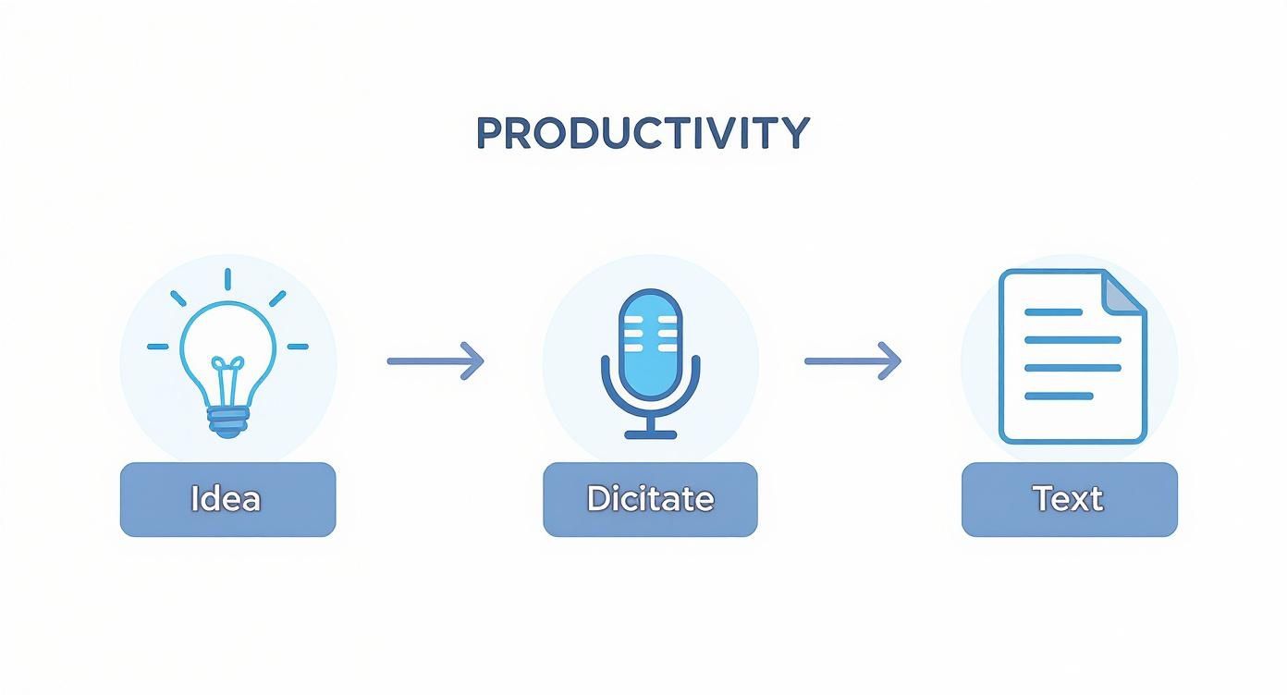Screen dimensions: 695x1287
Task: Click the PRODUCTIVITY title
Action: pos(643,133)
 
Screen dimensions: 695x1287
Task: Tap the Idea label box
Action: pos(227,499)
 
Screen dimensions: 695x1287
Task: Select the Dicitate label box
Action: pos(650,499)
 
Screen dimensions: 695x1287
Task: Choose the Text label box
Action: pos(1069,499)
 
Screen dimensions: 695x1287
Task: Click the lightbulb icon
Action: pos(227,360)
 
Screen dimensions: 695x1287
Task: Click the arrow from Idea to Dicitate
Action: pos(435,360)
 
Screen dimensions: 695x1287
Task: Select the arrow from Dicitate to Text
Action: pos(852,360)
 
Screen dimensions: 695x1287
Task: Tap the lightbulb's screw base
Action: pos(227,423)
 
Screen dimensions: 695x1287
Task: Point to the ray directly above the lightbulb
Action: pos(227,279)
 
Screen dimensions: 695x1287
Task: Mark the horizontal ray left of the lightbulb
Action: pos(158,347)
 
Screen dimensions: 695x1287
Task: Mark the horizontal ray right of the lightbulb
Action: pos(298,347)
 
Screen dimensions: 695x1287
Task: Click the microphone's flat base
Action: pos(650,433)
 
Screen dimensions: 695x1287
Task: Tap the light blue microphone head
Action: pos(650,336)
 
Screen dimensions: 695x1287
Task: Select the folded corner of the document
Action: pos(1124,292)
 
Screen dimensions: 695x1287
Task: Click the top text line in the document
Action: pos(1053,312)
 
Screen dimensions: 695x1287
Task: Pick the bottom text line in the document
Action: pos(1059,396)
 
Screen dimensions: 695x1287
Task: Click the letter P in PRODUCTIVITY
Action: pos(488,134)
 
